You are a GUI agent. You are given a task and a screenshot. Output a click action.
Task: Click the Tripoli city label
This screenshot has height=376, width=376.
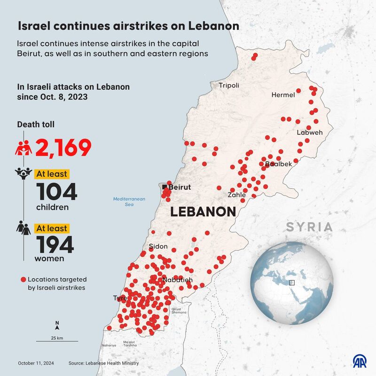tap(229, 86)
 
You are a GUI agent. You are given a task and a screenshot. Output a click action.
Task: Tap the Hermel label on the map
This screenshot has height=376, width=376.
tap(283, 95)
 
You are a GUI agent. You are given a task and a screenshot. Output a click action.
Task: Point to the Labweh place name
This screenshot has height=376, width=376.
tap(310, 133)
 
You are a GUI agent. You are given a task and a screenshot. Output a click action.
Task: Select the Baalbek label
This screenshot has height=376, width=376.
tap(278, 164)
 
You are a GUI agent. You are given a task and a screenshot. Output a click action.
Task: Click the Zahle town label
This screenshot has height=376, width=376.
tap(236, 195)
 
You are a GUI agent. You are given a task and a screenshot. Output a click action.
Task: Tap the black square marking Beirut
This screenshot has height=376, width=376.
tap(165, 188)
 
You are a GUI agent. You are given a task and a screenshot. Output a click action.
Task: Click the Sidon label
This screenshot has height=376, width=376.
tap(158, 246)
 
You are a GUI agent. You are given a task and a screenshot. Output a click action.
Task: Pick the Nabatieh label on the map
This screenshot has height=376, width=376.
tap(177, 280)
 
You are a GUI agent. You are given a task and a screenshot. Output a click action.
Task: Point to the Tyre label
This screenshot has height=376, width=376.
tap(120, 298)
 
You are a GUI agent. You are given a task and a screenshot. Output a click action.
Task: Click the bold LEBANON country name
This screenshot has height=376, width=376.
tap(203, 212)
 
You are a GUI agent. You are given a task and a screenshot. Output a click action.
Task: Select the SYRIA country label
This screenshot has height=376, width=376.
tap(310, 227)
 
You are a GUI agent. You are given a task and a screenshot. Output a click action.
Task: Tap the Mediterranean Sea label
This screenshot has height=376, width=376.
tap(129, 202)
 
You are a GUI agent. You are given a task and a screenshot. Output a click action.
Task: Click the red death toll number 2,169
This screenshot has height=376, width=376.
tap(63, 148)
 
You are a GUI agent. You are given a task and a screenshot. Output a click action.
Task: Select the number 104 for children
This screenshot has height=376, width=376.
tap(56, 192)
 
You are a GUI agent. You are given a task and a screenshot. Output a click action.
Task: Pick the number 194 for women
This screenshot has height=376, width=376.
tap(55, 244)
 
